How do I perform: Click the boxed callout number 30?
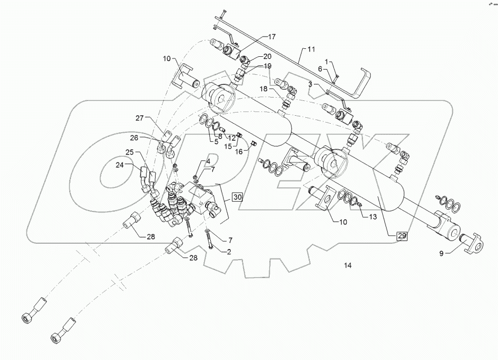point(237,197)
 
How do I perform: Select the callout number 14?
point(348,265)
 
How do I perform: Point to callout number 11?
point(311,49)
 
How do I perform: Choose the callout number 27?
point(139,118)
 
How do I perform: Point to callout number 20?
point(267,56)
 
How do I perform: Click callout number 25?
point(130,152)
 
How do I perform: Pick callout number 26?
point(134,138)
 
